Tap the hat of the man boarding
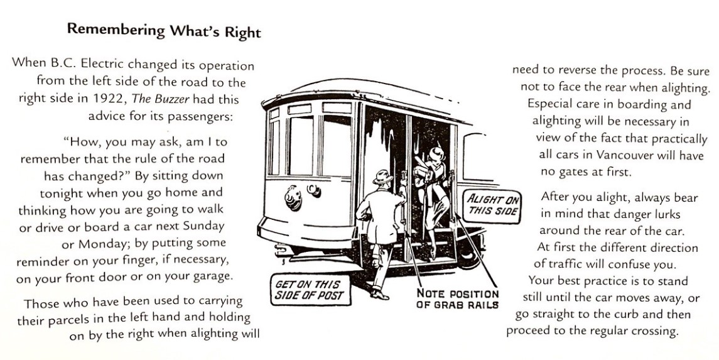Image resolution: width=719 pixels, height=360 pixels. [x=382, y=177]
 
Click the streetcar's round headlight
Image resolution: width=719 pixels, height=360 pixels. [x=293, y=198]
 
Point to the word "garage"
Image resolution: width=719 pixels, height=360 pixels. [x=206, y=276]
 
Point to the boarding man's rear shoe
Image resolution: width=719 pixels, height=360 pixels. [x=376, y=293]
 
